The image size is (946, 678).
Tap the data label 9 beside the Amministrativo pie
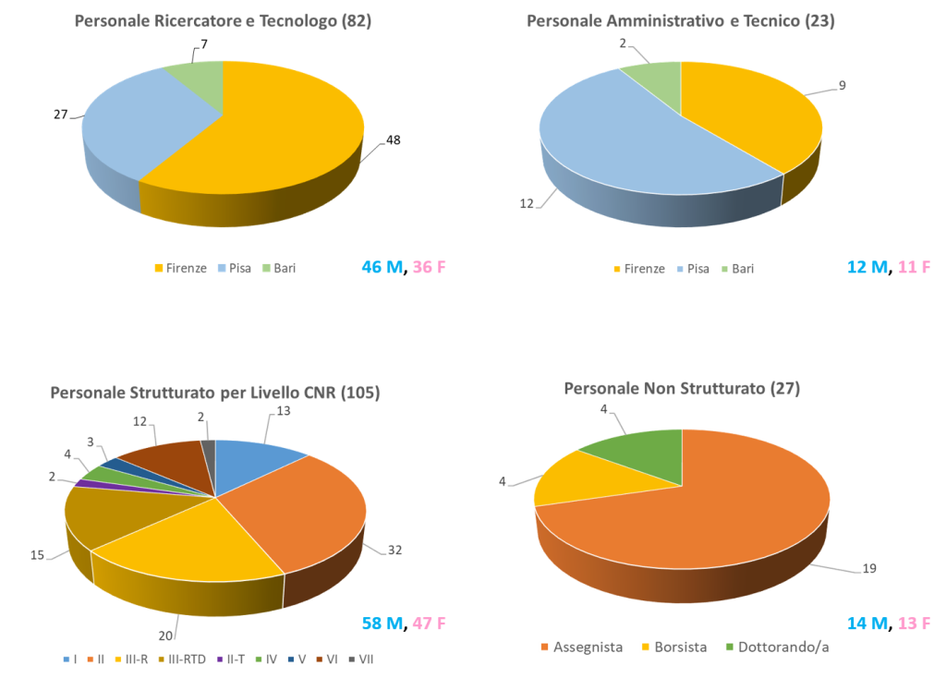[842, 85]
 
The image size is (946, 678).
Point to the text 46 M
[382, 267]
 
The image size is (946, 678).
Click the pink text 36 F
[429, 267]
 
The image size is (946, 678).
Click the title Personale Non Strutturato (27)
[682, 389]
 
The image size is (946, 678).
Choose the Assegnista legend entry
[584, 647]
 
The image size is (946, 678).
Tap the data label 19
[869, 569]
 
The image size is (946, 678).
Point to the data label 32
[394, 550]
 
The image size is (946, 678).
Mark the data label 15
[37, 555]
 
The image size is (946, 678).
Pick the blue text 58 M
[382, 624]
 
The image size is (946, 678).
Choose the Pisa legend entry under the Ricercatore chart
[235, 268]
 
